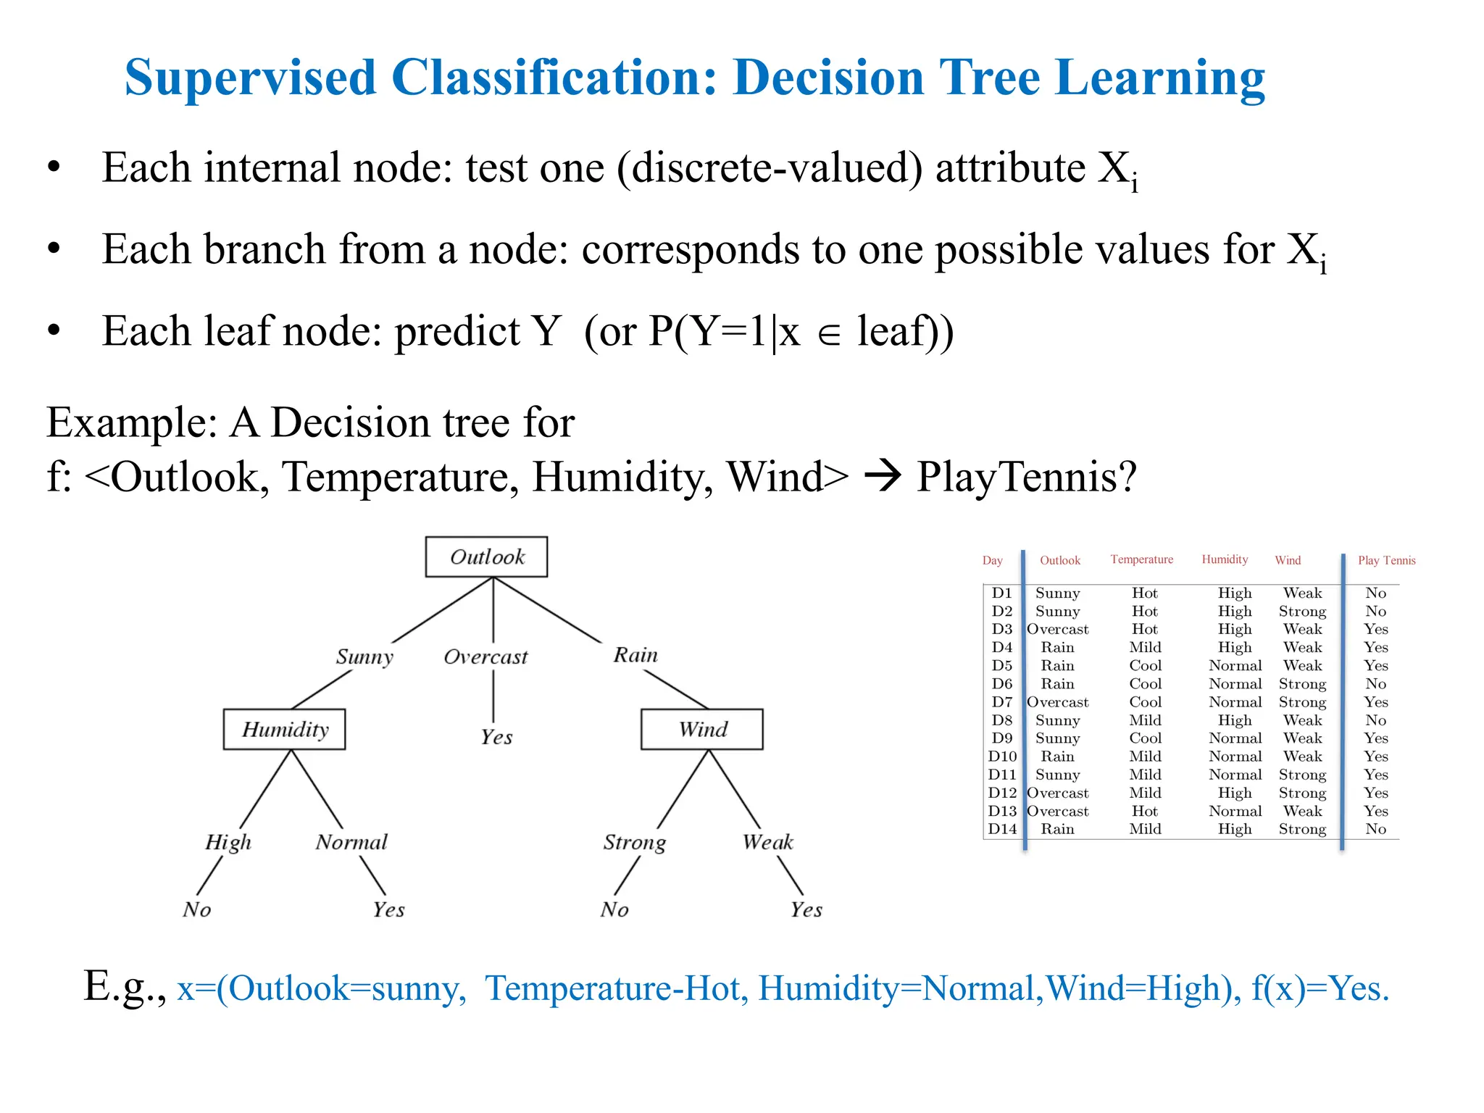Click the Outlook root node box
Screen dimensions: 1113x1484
[486, 556]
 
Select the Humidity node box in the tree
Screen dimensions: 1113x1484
[284, 729]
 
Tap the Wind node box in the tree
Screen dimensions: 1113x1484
[701, 729]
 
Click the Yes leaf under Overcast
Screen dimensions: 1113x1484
[496, 737]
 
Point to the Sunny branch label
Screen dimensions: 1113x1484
[364, 656]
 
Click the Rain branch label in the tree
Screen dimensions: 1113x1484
[635, 655]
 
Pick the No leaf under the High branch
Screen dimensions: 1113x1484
[196, 909]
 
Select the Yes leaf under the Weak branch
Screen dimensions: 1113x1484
[806, 909]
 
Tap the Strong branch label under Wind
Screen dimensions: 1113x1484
[634, 842]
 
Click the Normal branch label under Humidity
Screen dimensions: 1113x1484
[351, 842]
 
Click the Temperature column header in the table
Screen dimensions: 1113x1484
[1141, 559]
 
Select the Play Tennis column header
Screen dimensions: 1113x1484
[1386, 560]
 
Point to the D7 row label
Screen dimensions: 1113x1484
[1002, 702]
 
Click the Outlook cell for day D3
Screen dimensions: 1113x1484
[1057, 630]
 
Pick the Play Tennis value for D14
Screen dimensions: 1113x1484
[1375, 829]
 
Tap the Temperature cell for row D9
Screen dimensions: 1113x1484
[1145, 738]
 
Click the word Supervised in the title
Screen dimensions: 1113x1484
[250, 78]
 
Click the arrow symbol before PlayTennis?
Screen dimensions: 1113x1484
[883, 477]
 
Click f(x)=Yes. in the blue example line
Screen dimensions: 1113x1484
[1320, 988]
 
